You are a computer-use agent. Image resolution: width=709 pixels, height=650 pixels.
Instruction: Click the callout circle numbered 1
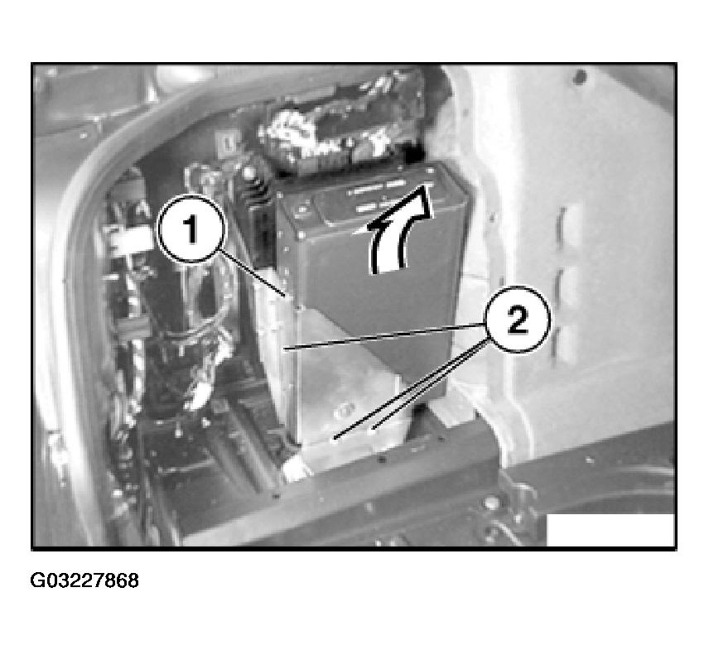[x=191, y=229]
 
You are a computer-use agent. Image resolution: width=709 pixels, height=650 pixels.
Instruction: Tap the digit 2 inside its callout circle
[x=518, y=320]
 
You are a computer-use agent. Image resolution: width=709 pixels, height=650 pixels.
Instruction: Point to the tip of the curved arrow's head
[x=426, y=185]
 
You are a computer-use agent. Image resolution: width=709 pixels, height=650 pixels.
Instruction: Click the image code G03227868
[x=84, y=580]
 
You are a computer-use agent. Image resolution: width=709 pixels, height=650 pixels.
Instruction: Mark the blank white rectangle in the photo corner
[x=610, y=529]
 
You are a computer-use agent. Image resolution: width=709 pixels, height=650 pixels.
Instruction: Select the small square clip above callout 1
[x=224, y=143]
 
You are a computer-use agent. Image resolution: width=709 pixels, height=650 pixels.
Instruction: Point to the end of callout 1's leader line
[x=286, y=296]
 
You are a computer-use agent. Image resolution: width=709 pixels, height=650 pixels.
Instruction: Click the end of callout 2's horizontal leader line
[x=284, y=348]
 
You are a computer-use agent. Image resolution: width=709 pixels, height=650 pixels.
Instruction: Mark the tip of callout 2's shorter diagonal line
[x=372, y=427]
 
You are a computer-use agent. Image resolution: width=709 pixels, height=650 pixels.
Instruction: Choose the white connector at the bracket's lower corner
[x=294, y=468]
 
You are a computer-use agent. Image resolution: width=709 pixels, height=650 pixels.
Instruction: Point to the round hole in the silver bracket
[x=345, y=410]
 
